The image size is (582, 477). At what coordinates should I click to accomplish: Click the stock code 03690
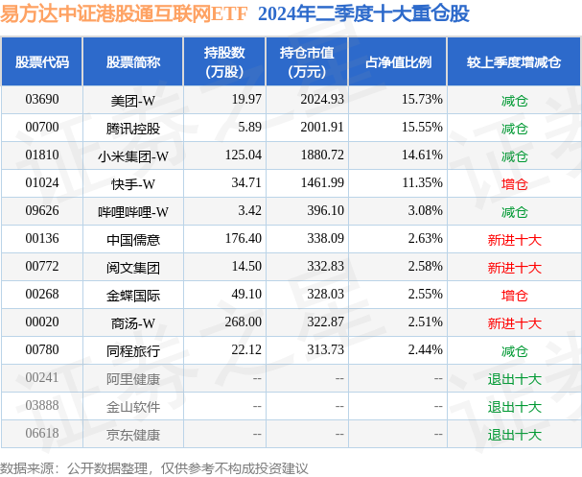click(42, 99)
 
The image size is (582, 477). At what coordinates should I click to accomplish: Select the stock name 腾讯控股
click(133, 128)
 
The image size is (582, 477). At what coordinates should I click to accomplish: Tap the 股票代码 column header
click(42, 62)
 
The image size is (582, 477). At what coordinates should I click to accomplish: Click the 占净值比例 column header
click(398, 62)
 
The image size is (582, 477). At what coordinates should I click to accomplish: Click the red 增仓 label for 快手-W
click(514, 183)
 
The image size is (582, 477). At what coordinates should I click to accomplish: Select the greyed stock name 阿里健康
click(133, 379)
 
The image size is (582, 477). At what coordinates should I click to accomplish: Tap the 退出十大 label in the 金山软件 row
click(514, 407)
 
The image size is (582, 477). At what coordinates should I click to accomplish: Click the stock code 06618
click(42, 435)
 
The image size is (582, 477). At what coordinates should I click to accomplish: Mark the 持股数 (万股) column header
click(225, 62)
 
